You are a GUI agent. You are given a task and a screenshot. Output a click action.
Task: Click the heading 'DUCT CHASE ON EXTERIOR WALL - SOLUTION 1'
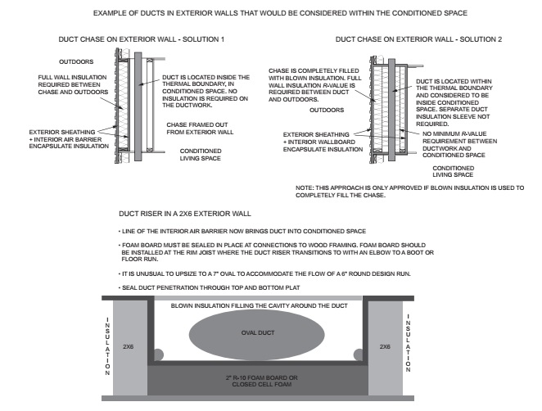(136, 40)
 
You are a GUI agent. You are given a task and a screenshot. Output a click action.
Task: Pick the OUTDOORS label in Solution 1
(77, 61)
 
